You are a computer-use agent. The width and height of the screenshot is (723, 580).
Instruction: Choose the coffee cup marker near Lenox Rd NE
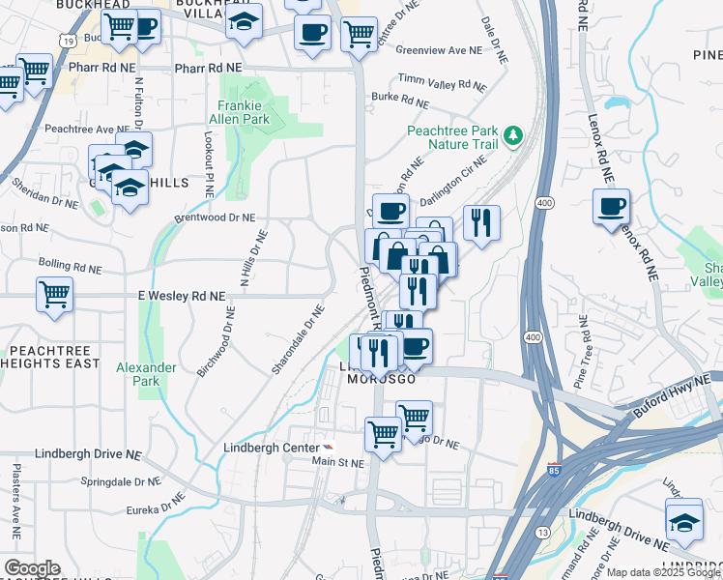click(611, 209)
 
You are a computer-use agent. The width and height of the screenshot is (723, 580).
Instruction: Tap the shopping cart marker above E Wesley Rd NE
click(54, 295)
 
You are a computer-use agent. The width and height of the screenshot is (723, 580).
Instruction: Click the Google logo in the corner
click(32, 568)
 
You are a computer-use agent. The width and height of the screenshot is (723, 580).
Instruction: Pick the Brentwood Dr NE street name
click(215, 218)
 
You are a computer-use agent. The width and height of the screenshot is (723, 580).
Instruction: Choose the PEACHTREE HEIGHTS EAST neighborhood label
click(54, 357)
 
